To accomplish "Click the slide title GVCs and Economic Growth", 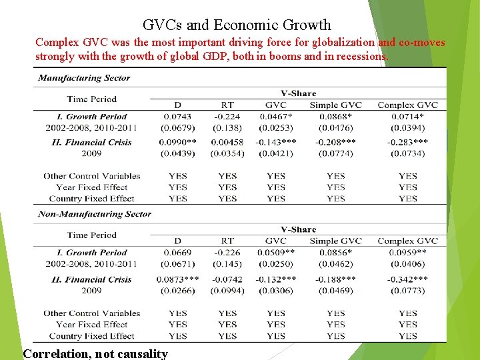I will click(237, 25).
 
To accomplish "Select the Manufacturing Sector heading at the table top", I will click(84, 77).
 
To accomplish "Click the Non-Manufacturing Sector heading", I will click(95, 214).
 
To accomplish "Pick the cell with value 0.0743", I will click(177, 117).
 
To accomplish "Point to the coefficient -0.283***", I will click(407, 142).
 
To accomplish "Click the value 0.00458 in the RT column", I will click(227, 142).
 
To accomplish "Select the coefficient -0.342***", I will click(407, 279).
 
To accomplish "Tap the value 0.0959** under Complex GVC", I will click(407, 253).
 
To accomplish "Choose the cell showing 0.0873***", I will click(177, 279).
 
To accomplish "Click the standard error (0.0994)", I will click(227, 291).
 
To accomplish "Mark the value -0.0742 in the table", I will click(227, 279).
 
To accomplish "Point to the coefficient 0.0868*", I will click(335, 117).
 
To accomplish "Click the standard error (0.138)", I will click(227, 127).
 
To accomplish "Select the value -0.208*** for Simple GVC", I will click(335, 142).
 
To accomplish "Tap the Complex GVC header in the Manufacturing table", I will click(407, 105).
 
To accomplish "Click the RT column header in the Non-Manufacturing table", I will click(227, 241).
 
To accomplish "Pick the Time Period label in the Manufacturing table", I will click(92, 99).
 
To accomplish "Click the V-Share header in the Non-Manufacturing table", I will click(298, 229).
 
